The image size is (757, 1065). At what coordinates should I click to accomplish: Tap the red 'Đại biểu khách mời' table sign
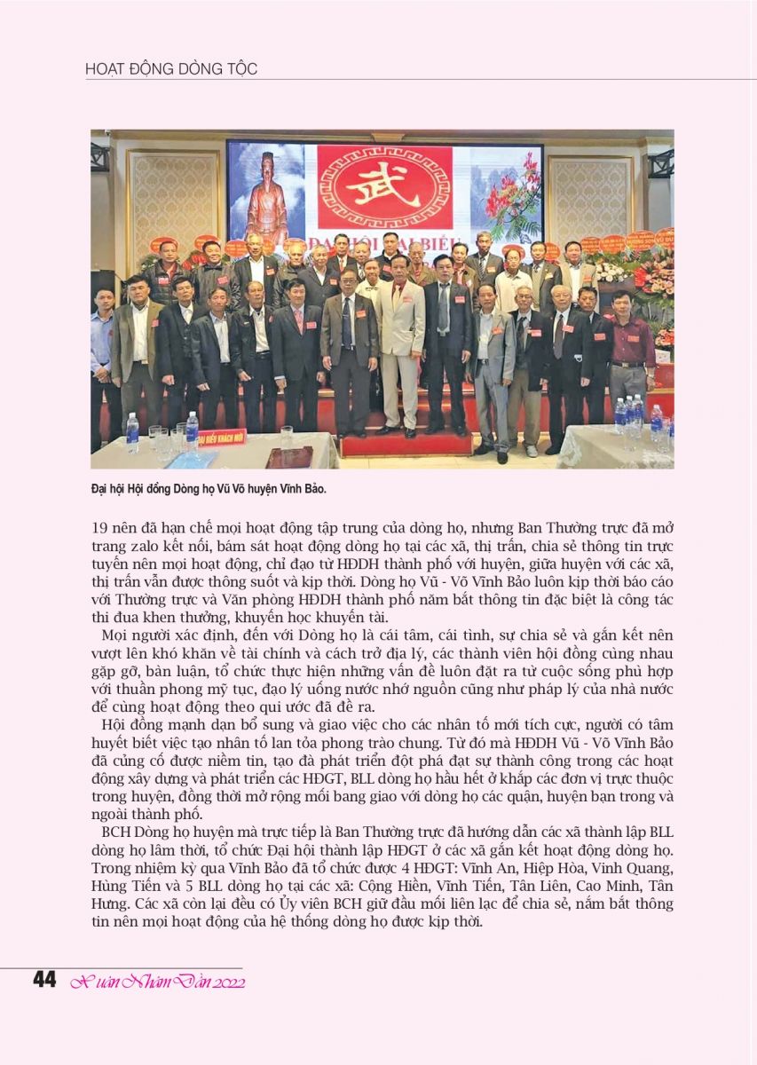pyautogui.click(x=222, y=437)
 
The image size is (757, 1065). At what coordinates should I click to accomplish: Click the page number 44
pyautogui.click(x=44, y=980)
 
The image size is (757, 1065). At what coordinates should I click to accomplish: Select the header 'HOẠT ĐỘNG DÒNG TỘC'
pyautogui.click(x=171, y=69)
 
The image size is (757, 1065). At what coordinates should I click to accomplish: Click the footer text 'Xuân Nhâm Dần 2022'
pyautogui.click(x=157, y=982)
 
